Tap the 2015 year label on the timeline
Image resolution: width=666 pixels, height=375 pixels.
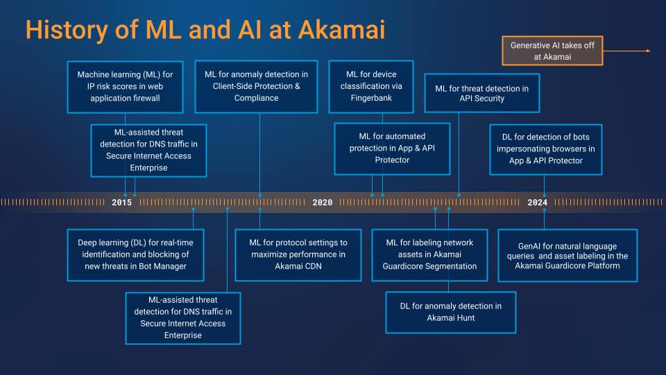pos(122,203)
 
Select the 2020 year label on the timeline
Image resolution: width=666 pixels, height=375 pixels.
pos(322,203)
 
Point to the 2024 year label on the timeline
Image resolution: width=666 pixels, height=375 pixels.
pos(537,203)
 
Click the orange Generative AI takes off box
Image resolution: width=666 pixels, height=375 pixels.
pos(552,51)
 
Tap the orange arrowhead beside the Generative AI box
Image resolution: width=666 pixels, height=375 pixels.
pos(647,51)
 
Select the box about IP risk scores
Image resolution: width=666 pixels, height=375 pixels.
pos(126,85)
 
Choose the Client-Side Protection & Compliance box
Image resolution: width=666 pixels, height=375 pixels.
pos(256,85)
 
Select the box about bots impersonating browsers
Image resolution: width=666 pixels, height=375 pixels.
pos(545,149)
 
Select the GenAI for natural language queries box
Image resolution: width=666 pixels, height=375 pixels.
pos(567,255)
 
